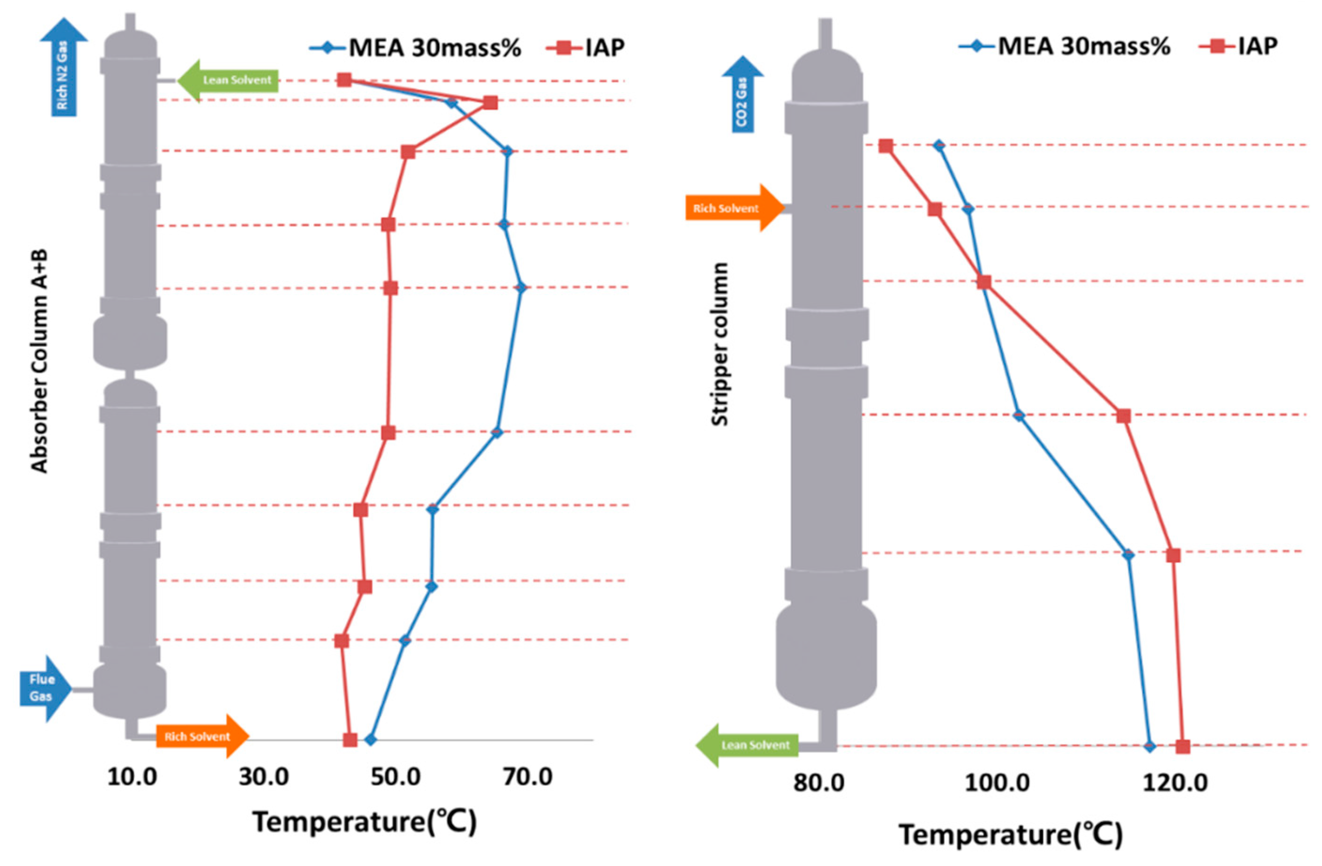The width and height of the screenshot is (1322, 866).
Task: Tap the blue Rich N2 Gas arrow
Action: [x=63, y=70]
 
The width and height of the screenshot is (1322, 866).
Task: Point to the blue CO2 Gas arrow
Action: [x=742, y=97]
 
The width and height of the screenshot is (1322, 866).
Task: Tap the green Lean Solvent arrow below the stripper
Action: [x=748, y=745]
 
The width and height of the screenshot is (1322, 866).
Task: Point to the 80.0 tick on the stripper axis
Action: [x=819, y=783]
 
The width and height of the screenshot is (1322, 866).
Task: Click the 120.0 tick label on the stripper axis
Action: [x=1175, y=783]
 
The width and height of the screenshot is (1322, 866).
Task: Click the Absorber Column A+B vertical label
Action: [x=39, y=361]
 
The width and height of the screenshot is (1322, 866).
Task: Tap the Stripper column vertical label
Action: [x=720, y=344]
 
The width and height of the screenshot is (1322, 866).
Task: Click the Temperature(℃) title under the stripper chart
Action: [x=1010, y=835]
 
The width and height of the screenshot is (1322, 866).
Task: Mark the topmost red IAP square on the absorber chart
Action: [x=344, y=80]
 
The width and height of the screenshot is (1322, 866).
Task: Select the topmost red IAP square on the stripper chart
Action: [x=886, y=146]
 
